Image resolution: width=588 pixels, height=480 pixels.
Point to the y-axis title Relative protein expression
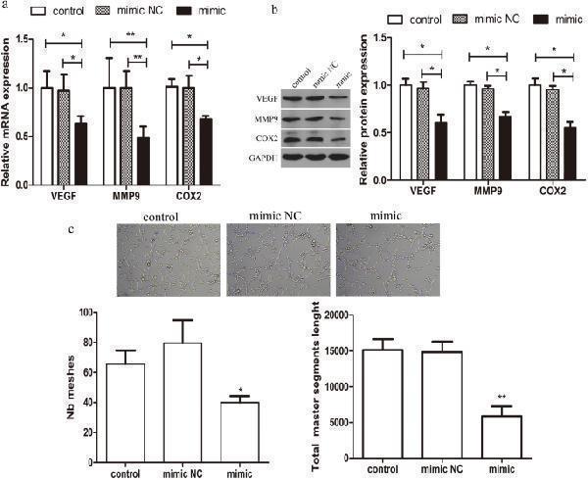366,112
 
